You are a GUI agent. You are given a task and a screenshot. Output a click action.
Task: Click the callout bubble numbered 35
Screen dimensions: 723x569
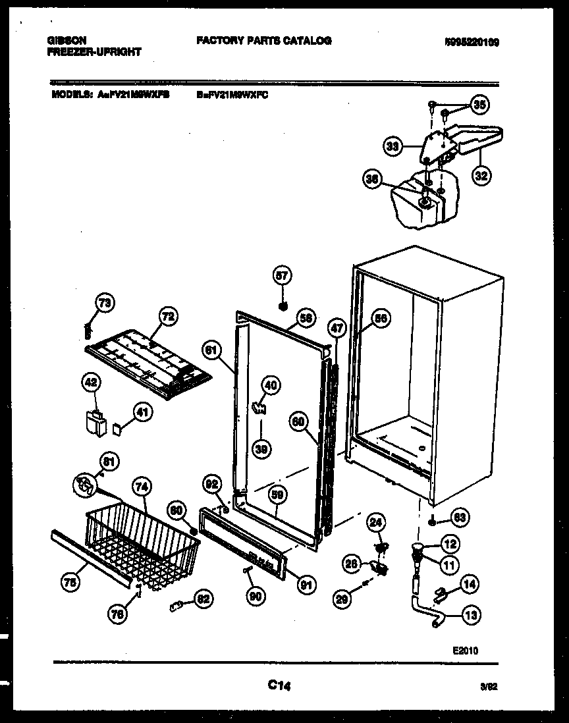(479, 104)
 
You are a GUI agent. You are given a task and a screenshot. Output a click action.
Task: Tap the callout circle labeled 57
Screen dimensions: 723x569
(283, 277)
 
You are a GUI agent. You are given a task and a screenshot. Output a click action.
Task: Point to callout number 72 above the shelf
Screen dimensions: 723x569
(168, 317)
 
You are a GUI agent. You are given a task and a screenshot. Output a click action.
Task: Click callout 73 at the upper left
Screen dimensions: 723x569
(104, 303)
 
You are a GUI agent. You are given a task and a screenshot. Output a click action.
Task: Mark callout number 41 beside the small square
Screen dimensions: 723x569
(142, 413)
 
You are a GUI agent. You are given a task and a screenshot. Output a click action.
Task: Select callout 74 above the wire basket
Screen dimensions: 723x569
(142, 487)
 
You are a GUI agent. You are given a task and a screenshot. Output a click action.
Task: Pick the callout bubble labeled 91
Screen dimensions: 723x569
(306, 583)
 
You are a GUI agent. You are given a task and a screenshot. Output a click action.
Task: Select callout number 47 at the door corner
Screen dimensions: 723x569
(336, 327)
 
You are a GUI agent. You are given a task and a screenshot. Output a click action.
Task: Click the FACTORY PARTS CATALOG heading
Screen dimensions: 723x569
(263, 41)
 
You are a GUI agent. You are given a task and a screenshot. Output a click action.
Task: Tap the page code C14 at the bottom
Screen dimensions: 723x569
(279, 686)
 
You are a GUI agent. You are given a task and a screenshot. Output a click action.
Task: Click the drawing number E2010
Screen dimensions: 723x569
(465, 650)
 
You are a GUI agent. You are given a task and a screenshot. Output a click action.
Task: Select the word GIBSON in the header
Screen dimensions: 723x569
(67, 41)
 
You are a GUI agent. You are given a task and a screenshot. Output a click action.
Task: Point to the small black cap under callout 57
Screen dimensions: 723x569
(283, 306)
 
